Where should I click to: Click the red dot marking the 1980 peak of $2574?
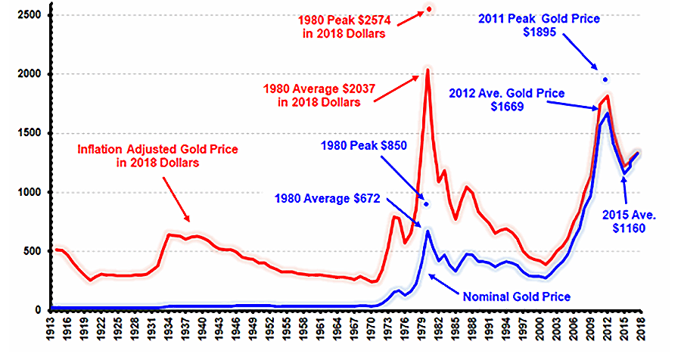429,9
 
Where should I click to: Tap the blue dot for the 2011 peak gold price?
605,79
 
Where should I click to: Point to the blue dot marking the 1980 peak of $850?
426,204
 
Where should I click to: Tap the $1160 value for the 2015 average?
629,228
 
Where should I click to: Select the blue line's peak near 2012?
608,113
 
